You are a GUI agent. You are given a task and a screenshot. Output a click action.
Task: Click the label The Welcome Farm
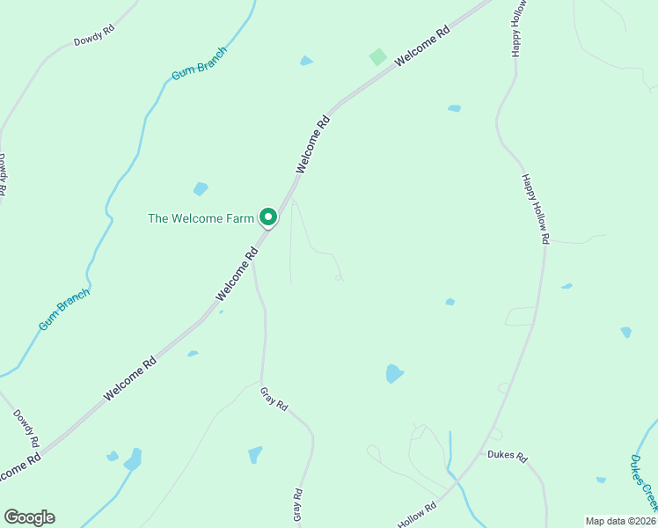tap(201, 217)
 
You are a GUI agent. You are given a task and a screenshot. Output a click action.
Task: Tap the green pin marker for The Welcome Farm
tap(267, 216)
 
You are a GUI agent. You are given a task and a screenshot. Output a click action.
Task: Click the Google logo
tap(29, 517)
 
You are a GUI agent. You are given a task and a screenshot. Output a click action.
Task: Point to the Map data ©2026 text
tap(618, 521)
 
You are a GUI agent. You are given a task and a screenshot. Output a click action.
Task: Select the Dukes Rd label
tap(507, 457)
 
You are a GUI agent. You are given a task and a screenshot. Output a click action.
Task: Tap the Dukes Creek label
tap(644, 481)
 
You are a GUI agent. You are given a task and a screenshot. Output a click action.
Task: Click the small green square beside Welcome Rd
tap(377, 56)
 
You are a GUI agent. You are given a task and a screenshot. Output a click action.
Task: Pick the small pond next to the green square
tap(306, 61)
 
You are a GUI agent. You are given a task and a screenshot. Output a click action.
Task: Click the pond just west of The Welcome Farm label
tap(201, 188)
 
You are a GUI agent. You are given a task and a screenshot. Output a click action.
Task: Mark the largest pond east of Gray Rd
tap(394, 373)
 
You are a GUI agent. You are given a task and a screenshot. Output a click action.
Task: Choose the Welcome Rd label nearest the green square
tap(422, 45)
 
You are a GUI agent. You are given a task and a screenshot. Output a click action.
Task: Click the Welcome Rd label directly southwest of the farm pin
tap(237, 271)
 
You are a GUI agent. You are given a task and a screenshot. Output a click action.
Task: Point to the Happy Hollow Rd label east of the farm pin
tap(535, 209)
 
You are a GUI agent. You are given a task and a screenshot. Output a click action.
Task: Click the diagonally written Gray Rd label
tap(274, 399)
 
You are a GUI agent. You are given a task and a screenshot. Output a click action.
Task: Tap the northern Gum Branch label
tap(199, 63)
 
